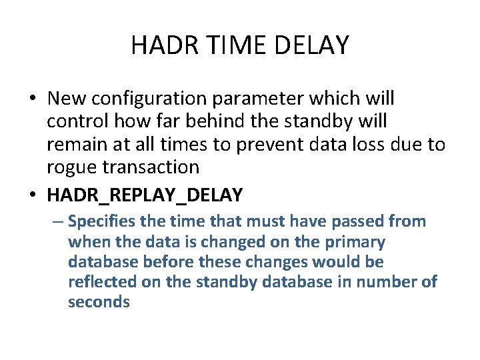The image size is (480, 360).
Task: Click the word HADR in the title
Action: pos(161,45)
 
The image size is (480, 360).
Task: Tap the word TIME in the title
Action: pos(228,45)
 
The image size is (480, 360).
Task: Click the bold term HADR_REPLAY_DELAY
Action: pos(145,195)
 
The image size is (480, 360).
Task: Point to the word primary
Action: pos(353,241)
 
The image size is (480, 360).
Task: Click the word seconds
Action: pos(99,302)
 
